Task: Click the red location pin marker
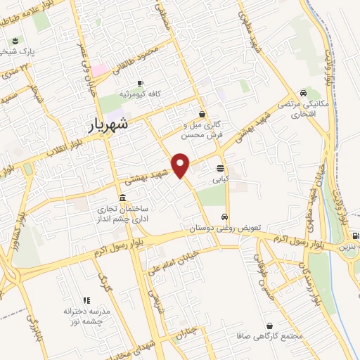pyautogui.click(x=181, y=165)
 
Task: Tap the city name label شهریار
pyautogui.click(x=109, y=125)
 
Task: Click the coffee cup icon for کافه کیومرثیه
pyautogui.click(x=139, y=83)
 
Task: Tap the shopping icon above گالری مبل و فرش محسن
pyautogui.click(x=202, y=114)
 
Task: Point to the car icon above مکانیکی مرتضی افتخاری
pyautogui.click(x=302, y=92)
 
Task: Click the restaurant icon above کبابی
pyautogui.click(x=221, y=168)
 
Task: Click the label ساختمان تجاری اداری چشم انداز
pyautogui.click(x=124, y=213)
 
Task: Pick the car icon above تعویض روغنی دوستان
pyautogui.click(x=224, y=217)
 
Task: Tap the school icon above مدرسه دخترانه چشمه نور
pyautogui.click(x=87, y=300)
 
